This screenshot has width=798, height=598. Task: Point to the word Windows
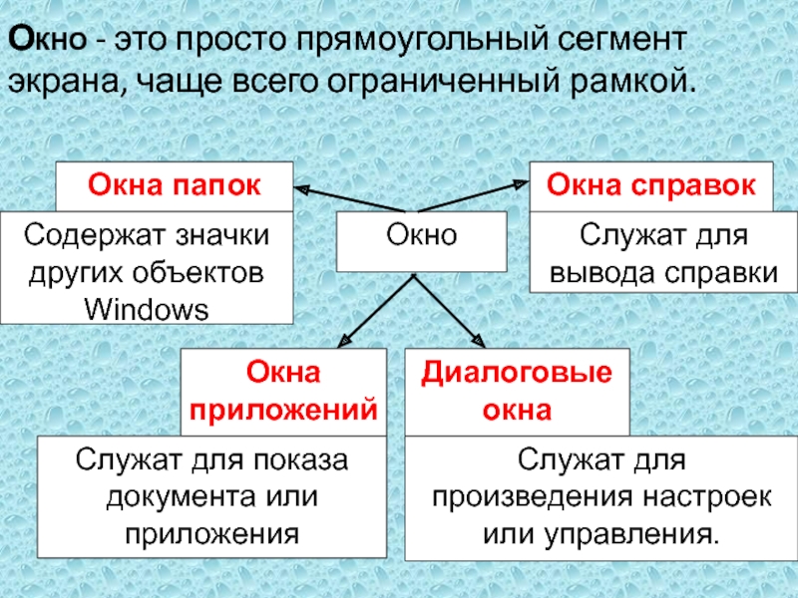[147, 308]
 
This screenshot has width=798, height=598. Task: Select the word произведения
[540, 495]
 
